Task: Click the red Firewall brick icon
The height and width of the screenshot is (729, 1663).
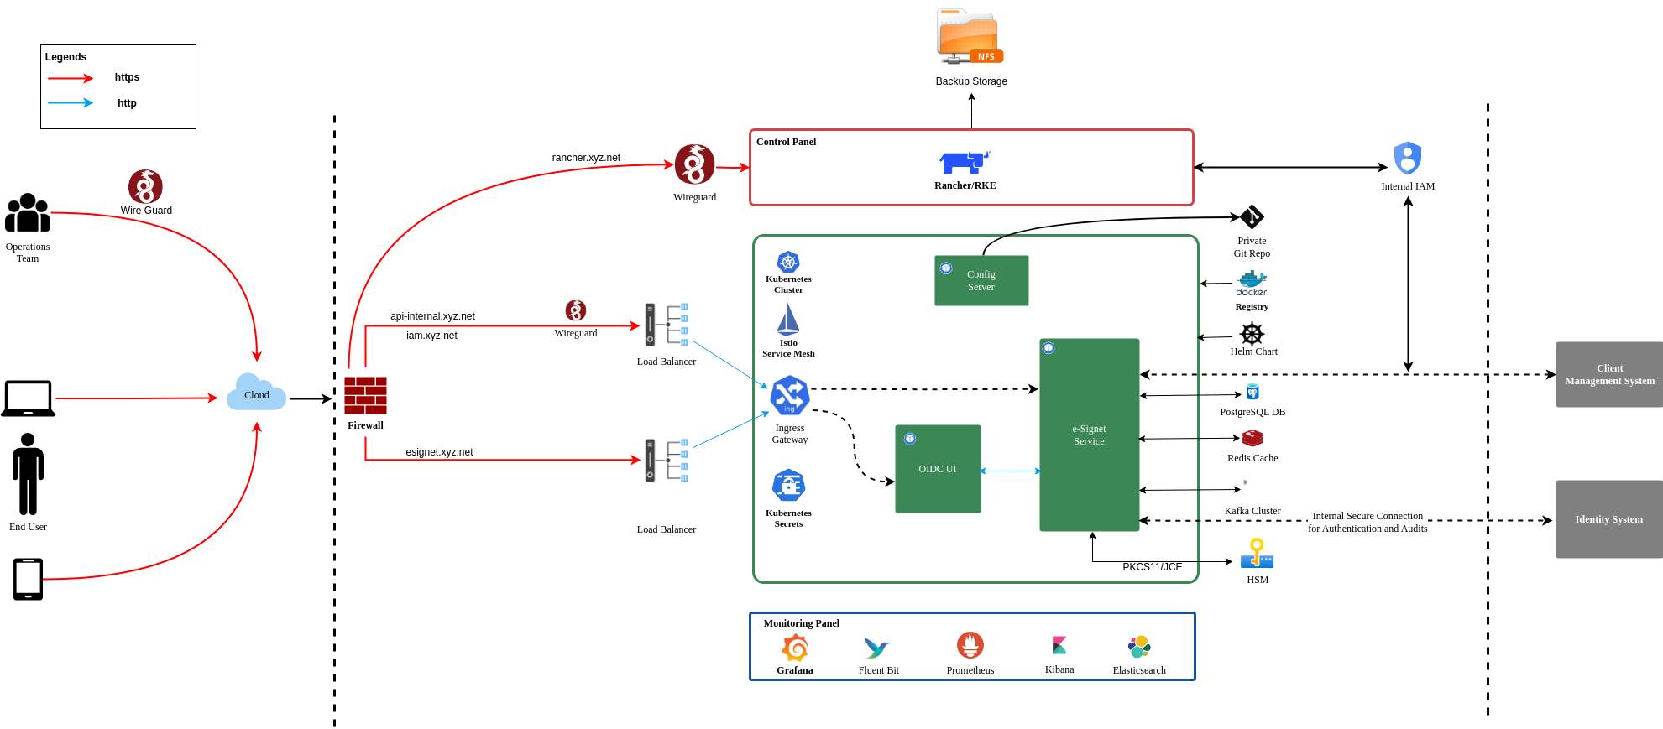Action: coord(365,395)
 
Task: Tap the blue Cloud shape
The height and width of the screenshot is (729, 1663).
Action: coord(256,393)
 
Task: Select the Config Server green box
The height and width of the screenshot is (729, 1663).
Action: coord(981,280)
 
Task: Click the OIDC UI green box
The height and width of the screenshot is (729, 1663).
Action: coord(938,468)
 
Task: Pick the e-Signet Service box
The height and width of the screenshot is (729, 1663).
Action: coord(1089,435)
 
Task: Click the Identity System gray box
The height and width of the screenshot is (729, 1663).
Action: coord(1608,519)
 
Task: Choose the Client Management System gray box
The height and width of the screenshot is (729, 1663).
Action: coord(1608,374)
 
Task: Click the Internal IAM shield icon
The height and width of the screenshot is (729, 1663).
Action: coord(1408,158)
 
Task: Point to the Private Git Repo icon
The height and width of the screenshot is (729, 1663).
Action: coord(1252,217)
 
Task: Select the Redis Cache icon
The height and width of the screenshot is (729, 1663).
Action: coord(1252,438)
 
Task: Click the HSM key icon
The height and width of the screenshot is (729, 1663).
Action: coord(1257,554)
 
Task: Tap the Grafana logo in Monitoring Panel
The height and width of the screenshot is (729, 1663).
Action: coord(794,648)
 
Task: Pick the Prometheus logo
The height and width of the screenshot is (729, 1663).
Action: coord(970,645)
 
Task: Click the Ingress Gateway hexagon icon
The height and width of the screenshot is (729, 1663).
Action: coord(790,396)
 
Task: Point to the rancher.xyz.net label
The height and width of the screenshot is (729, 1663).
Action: coord(586,158)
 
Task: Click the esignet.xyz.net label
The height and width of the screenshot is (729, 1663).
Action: coord(439,452)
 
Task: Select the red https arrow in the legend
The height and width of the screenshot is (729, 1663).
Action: coord(71,78)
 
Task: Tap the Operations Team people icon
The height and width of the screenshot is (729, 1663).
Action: coord(28,213)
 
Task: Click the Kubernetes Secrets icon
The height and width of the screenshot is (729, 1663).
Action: coord(788,486)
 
